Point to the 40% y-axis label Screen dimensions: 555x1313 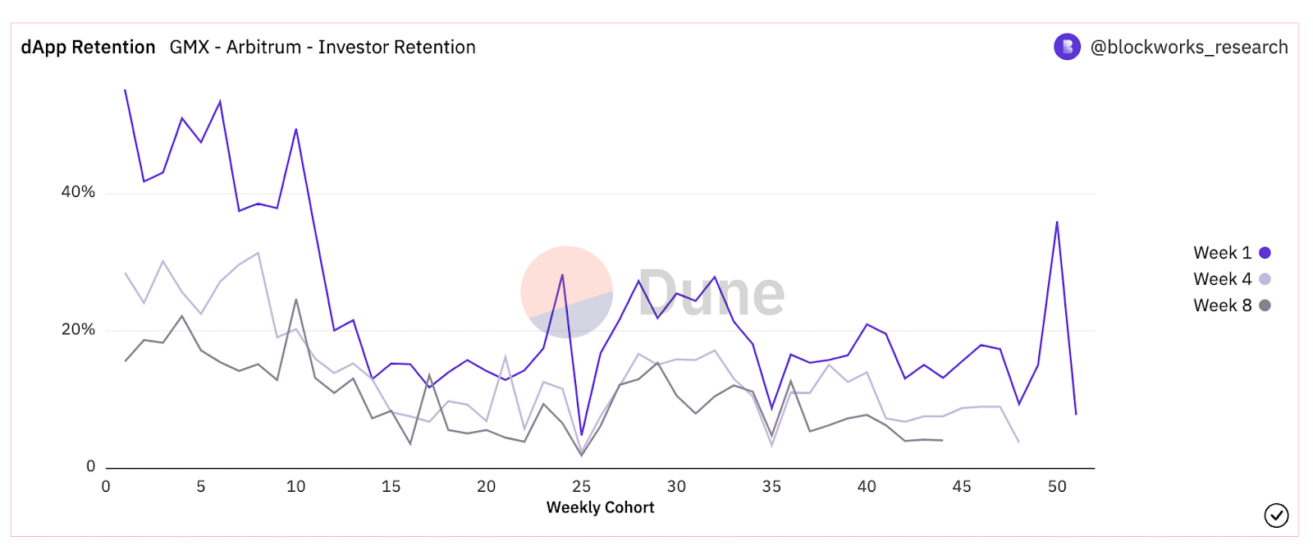(78, 192)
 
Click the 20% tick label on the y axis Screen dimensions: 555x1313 (78, 329)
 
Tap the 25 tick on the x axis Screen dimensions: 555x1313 (581, 486)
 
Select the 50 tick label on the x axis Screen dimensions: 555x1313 (1057, 486)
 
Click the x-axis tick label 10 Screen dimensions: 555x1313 (295, 486)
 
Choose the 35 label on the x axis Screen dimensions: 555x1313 (771, 486)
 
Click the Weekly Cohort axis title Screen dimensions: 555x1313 (600, 507)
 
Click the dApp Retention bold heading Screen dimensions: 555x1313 (88, 48)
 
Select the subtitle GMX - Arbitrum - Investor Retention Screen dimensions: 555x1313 (323, 48)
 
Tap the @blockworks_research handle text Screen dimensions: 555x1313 (1189, 48)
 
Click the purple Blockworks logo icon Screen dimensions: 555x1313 (1067, 48)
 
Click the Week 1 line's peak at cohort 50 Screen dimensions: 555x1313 (1057, 222)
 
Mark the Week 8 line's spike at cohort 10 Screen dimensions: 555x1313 (296, 300)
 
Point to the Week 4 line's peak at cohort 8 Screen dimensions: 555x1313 (258, 253)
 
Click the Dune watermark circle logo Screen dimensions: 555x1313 (566, 291)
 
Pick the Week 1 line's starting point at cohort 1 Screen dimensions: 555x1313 (125, 90)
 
